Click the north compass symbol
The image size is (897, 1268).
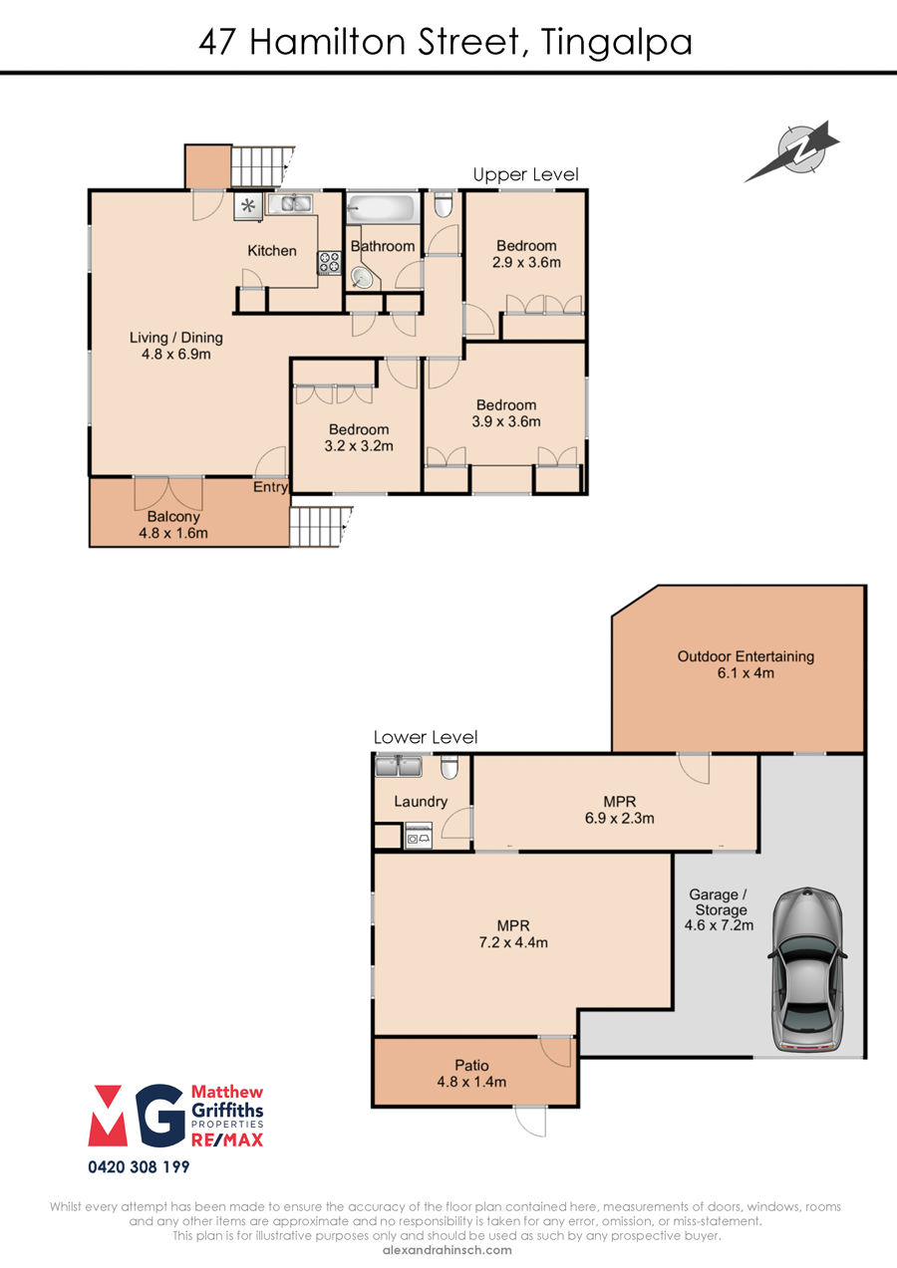pos(795,150)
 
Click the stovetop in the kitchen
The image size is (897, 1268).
pos(329,263)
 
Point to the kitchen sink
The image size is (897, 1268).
pos(289,202)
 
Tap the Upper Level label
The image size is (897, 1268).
pos(525,175)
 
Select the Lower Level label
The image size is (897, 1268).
pos(426,737)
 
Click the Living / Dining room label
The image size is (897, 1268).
pos(176,338)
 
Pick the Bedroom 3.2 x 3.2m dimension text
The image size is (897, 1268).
pos(359,446)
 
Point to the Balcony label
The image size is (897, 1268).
pos(173,516)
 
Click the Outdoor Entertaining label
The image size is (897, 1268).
pos(746,656)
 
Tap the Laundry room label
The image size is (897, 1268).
pos(421,802)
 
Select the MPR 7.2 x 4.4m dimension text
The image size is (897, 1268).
pos(513,942)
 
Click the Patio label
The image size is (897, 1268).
pos(471,1066)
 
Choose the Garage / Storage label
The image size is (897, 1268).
pos(720,902)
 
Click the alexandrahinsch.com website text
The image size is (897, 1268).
pos(448,1250)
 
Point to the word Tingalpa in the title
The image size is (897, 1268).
pos(617,43)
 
